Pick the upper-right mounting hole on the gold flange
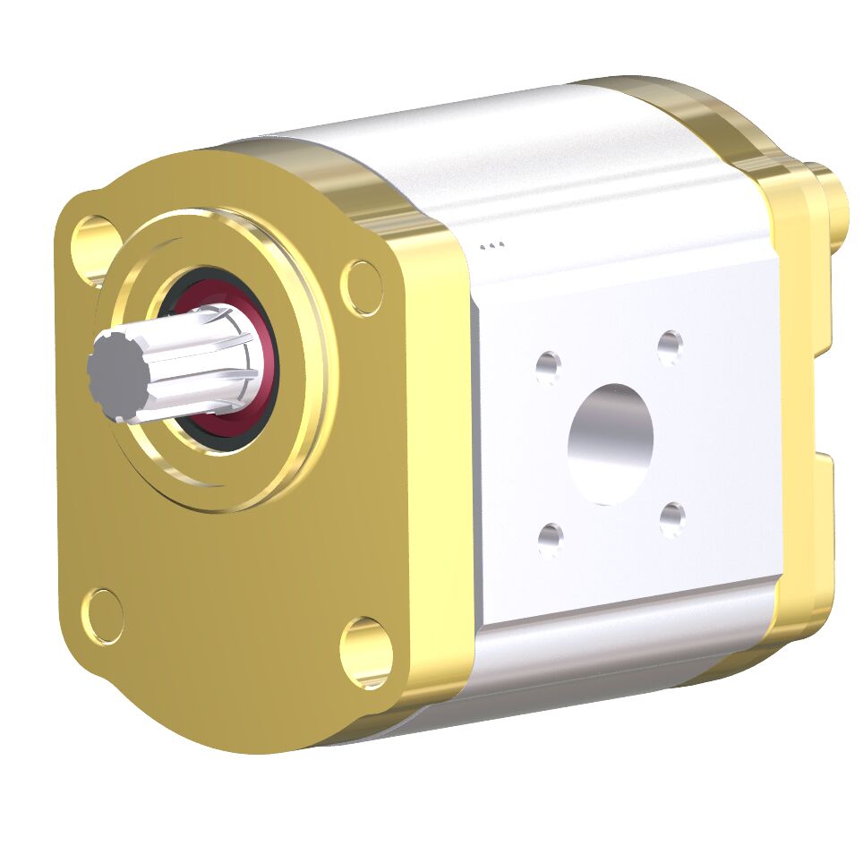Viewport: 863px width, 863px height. (x=363, y=286)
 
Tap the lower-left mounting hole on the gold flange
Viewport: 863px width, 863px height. (x=106, y=615)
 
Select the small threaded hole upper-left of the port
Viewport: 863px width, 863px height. (x=548, y=365)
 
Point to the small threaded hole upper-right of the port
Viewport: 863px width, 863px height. (x=670, y=346)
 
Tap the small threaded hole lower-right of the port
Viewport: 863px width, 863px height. (x=671, y=518)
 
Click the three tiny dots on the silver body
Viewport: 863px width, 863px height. (x=492, y=244)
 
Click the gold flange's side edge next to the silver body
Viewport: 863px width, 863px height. (x=439, y=448)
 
